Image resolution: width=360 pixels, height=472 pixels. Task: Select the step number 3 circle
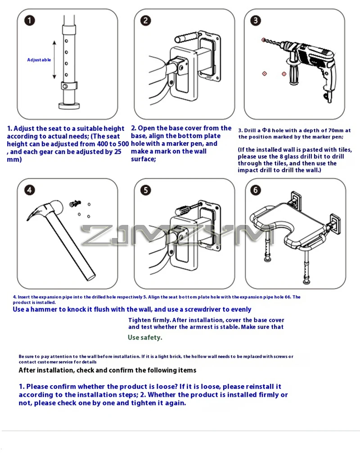coord(255,21)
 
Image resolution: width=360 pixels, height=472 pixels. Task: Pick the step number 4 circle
coord(29,190)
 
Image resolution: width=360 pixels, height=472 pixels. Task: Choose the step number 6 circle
coord(255,190)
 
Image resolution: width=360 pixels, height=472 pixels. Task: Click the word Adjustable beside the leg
coord(39,60)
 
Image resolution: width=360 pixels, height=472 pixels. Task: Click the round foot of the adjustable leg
coord(70,106)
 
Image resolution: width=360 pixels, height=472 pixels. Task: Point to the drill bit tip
coord(264,40)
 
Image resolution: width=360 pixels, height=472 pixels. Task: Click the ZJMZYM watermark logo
coord(180,235)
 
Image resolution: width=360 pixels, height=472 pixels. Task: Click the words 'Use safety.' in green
coord(145,337)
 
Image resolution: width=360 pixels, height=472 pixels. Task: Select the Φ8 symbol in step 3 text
coord(265,130)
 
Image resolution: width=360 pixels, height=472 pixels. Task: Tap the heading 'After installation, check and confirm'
coord(107,370)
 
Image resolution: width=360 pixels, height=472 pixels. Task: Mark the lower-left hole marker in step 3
coord(264,73)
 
